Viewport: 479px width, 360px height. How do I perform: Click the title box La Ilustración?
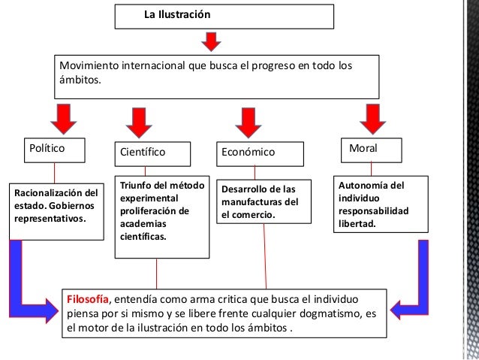tap(224, 16)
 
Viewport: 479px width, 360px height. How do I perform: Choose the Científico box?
tap(158, 152)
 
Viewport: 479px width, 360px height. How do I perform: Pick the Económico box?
tap(262, 152)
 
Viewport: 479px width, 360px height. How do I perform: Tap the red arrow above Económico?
tap(245, 120)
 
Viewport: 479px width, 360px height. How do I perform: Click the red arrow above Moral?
tap(370, 117)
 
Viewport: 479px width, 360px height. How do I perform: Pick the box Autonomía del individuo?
tap(380, 205)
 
